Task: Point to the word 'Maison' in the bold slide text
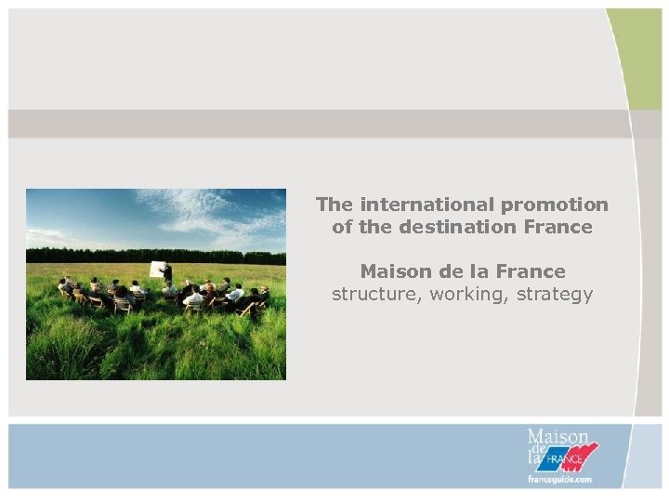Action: (394, 271)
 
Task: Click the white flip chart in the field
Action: (156, 270)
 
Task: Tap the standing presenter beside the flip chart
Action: (168, 272)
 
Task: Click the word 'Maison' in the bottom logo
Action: (557, 436)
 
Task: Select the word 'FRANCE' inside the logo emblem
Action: (563, 459)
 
